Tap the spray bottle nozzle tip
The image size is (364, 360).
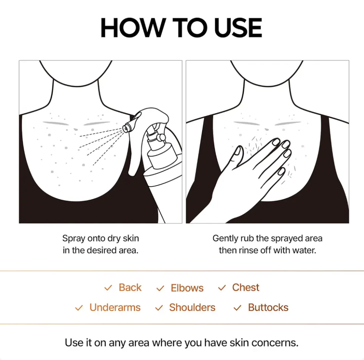pyautogui.click(x=125, y=128)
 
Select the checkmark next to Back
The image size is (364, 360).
pyautogui.click(x=108, y=288)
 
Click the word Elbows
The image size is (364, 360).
pyautogui.click(x=187, y=288)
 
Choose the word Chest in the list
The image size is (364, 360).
pyautogui.click(x=245, y=287)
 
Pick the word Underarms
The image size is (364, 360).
pyautogui.click(x=115, y=307)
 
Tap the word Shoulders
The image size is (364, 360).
pyautogui.click(x=192, y=307)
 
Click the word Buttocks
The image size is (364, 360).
pyautogui.click(x=268, y=307)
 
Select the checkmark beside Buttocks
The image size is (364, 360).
pyautogui.click(x=237, y=308)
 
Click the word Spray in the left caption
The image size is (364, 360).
pyautogui.click(x=74, y=238)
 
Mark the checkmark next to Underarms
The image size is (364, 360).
pyautogui.click(x=79, y=308)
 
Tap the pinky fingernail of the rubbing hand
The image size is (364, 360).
pyautogui.click(x=281, y=171)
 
